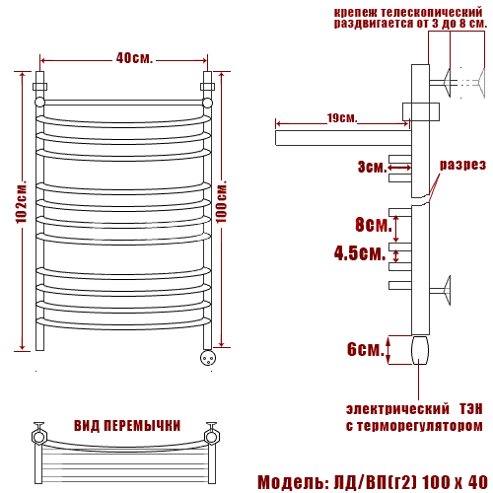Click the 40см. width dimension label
click(x=134, y=58)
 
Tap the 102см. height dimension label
click(x=22, y=201)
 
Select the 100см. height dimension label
click(x=221, y=201)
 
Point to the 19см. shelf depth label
click(x=342, y=118)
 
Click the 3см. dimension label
click(x=373, y=167)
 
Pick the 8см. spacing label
click(x=374, y=225)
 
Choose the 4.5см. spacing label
click(x=360, y=253)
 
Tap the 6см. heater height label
click(x=366, y=349)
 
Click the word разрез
click(x=462, y=165)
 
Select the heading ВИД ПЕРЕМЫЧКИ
click(x=127, y=426)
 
